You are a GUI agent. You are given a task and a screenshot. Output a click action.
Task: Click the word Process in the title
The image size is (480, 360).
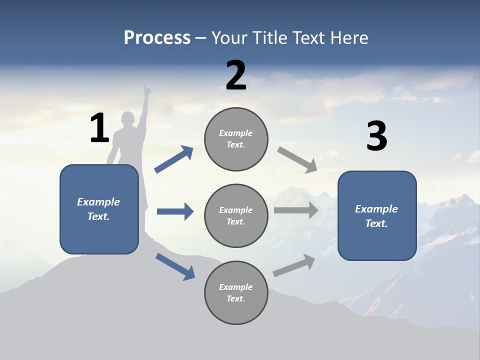click(x=157, y=38)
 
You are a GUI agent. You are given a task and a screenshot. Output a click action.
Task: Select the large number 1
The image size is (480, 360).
click(x=99, y=128)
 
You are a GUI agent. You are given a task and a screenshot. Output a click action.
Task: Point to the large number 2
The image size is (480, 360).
click(x=236, y=75)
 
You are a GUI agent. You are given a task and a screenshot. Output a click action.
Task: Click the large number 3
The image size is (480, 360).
click(x=376, y=136)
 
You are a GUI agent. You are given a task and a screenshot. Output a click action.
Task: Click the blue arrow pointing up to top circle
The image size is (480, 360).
click(x=174, y=159)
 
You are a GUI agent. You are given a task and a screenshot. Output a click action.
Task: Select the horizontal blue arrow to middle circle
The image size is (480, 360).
click(x=175, y=211)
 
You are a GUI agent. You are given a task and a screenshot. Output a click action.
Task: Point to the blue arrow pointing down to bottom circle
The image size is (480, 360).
click(x=175, y=266)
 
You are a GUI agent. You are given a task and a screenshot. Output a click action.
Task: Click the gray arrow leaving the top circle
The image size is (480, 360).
click(x=297, y=159)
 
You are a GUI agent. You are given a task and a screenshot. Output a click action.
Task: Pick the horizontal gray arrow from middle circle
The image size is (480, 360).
click(x=296, y=210)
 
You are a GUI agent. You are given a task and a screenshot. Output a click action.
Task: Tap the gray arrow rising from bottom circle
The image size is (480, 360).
click(x=294, y=265)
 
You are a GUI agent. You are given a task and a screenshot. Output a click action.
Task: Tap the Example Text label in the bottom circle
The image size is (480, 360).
click(x=236, y=292)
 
